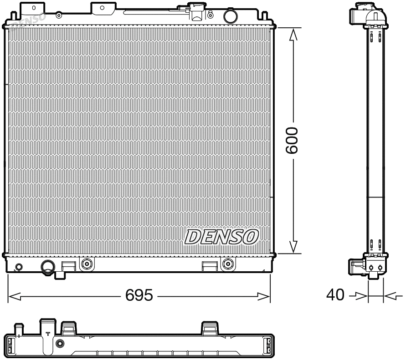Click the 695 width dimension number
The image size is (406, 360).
click(139, 295)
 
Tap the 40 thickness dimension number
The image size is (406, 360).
click(335, 295)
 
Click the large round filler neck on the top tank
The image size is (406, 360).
click(230, 16)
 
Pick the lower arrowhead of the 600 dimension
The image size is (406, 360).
click(294, 246)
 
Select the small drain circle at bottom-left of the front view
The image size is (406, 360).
click(19, 267)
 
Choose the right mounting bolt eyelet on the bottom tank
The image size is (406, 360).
click(227, 263)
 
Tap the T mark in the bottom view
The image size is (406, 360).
click(48, 334)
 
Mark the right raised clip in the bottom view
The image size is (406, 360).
click(210, 327)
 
